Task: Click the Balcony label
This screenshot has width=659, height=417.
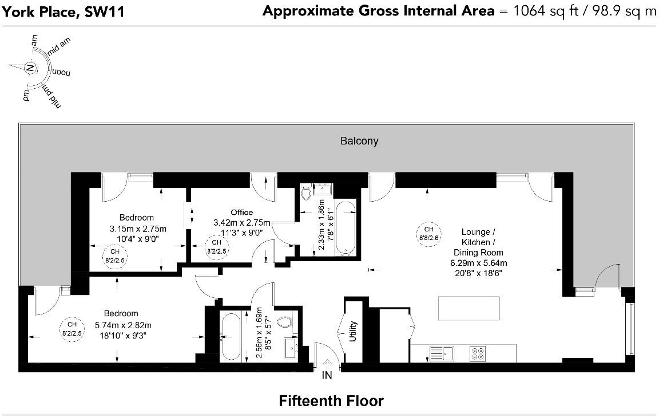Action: pyautogui.click(x=359, y=141)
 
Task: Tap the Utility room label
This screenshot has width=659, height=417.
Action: pyautogui.click(x=353, y=331)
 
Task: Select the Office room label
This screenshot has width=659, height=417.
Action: pyautogui.click(x=241, y=213)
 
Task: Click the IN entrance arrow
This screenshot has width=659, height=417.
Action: pyautogui.click(x=327, y=364)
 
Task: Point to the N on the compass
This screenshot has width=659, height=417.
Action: pyautogui.click(x=30, y=68)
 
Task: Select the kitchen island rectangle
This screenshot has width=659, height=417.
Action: pyautogui.click(x=469, y=309)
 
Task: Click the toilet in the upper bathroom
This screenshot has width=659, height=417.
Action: pyautogui.click(x=306, y=192)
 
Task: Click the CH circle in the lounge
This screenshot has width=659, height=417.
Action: pyautogui.click(x=428, y=234)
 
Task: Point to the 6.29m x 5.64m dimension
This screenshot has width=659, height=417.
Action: pyautogui.click(x=479, y=263)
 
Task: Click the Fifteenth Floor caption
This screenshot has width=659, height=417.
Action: pyautogui.click(x=331, y=401)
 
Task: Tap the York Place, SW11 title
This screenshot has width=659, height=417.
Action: pyautogui.click(x=63, y=11)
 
